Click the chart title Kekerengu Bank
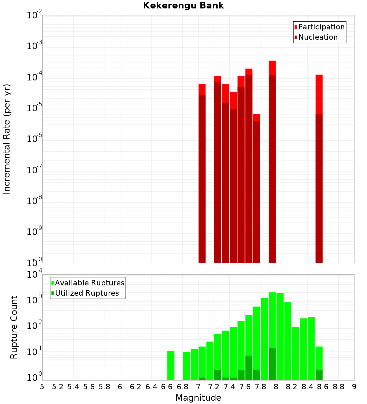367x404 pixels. pos(183,6)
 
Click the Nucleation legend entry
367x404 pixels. pos(317,37)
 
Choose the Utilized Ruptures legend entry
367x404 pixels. pos(87,293)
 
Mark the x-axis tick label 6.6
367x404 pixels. pos(167,386)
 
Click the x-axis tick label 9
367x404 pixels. pos(354,386)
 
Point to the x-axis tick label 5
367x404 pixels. pos(42,386)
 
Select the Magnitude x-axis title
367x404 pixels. pos(198,398)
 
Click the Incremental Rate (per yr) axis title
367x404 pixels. pos(7,139)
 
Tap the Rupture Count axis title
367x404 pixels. pos(14,327)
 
